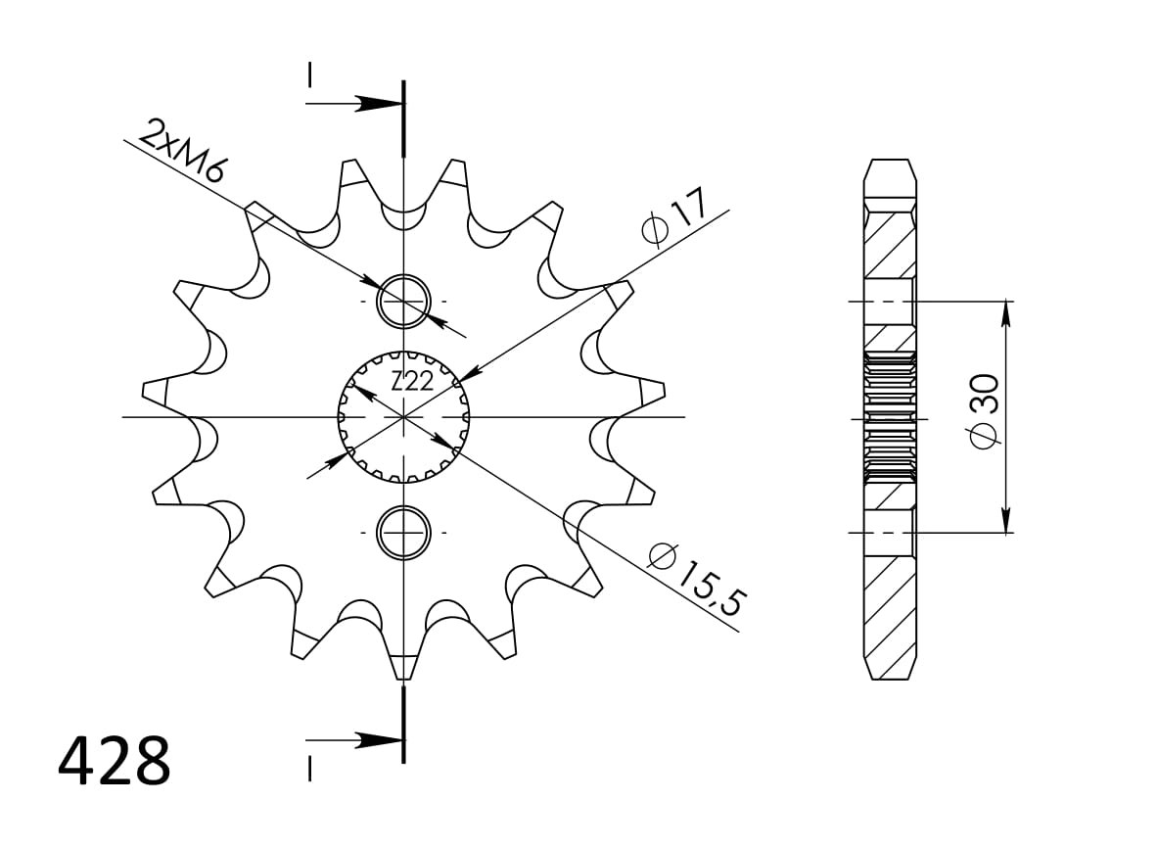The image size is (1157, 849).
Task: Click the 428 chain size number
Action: coord(115,762)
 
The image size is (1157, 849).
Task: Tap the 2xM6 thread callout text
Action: coord(183,151)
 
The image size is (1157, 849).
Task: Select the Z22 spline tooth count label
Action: coord(412,382)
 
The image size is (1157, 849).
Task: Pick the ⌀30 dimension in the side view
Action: coord(984,411)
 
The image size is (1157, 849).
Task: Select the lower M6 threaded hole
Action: coord(403,533)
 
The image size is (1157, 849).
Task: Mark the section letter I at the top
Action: coord(309,75)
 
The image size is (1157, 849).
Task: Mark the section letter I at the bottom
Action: coord(309,770)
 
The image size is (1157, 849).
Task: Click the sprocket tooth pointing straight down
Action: coord(402,665)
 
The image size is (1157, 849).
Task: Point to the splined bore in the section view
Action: coord(890,416)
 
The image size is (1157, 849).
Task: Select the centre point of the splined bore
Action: coord(403,417)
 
